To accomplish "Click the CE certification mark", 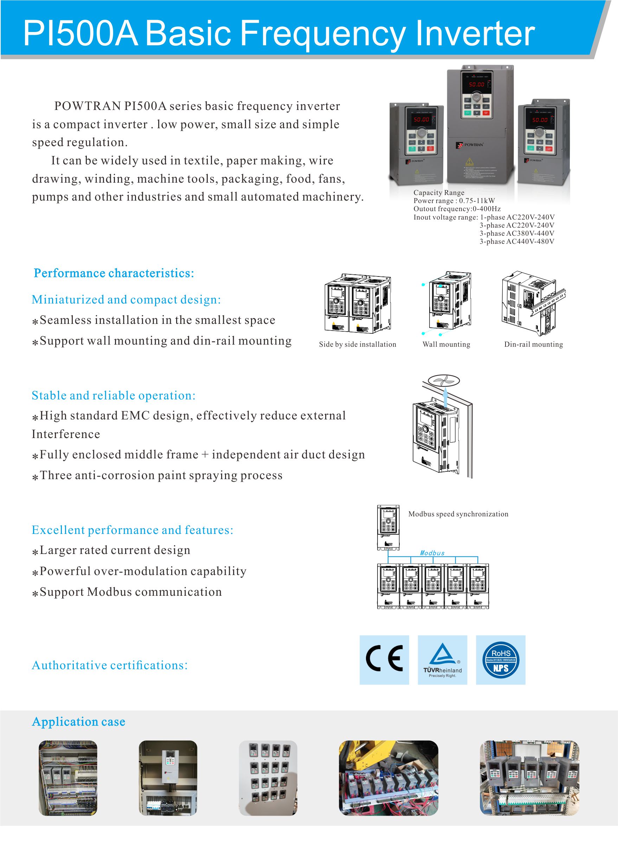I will (x=384, y=660).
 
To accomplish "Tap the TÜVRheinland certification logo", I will (x=442, y=660).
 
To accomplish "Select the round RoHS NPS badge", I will (x=501, y=660).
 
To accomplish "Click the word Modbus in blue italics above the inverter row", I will (x=432, y=553).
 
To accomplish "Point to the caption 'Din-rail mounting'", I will (x=533, y=344).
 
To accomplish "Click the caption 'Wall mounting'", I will (x=446, y=344).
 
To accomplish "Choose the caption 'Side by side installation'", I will (x=357, y=344).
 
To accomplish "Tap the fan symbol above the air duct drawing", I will (x=444, y=381).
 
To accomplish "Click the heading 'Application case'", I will (x=78, y=722).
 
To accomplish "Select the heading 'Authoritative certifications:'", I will (x=110, y=665).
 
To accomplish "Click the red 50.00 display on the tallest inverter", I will (x=477, y=85).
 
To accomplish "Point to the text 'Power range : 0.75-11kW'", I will (x=454, y=201).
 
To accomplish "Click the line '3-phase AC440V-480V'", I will (x=517, y=242).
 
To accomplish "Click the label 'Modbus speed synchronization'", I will (x=458, y=514).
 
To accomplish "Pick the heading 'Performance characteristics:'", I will (x=114, y=273).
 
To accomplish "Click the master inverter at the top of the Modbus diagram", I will (x=388, y=528).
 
